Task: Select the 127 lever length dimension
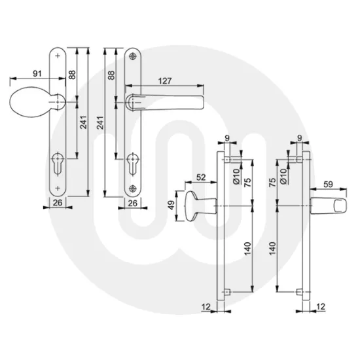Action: [x=165, y=81]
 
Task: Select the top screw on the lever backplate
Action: [x=135, y=56]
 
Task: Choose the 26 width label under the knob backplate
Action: [x=58, y=204]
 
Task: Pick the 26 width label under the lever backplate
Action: [x=133, y=204]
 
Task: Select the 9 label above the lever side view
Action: [x=299, y=139]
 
